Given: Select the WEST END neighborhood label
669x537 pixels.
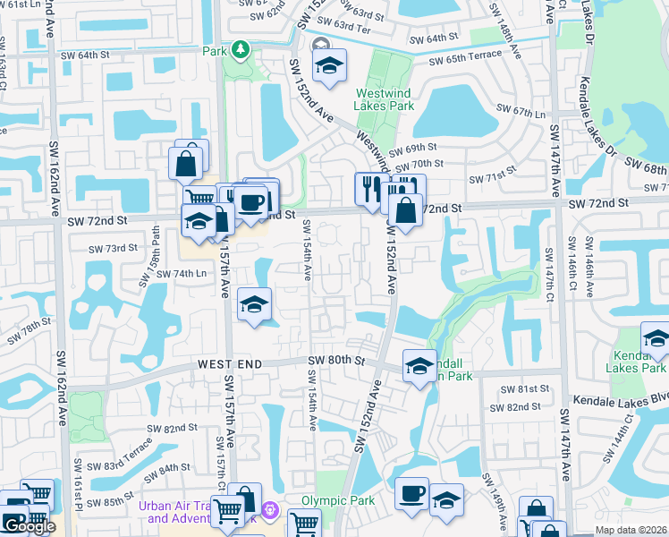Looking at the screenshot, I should point(230,364).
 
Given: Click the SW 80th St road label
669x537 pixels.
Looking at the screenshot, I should point(337,361).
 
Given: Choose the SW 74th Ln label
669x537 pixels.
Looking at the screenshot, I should point(182,273).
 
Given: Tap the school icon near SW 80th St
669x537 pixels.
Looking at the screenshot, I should point(419,365).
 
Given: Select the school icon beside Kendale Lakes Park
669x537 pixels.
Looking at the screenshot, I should point(656,339).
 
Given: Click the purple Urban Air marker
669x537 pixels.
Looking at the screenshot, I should point(272,514).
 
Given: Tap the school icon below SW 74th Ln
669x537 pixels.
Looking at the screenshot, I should point(255,305).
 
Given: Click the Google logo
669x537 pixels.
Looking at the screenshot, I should point(29,526).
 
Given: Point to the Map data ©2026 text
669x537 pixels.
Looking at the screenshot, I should point(631,530).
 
